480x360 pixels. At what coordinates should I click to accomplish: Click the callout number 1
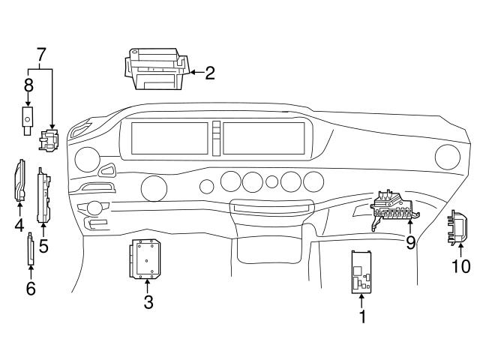(x=362, y=316)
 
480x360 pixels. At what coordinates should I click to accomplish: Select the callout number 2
(x=210, y=73)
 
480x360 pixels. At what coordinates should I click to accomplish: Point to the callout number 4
(x=18, y=224)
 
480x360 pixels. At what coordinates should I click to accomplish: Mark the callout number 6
(x=31, y=288)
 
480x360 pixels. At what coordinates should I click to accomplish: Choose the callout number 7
(x=41, y=55)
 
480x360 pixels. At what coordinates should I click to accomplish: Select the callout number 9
(x=410, y=242)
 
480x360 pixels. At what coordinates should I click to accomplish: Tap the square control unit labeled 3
(x=147, y=259)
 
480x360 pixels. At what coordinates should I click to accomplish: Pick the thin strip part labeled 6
(x=31, y=249)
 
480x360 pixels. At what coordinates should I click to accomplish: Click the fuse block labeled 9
(x=392, y=209)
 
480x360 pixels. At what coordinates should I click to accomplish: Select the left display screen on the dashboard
(x=169, y=138)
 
